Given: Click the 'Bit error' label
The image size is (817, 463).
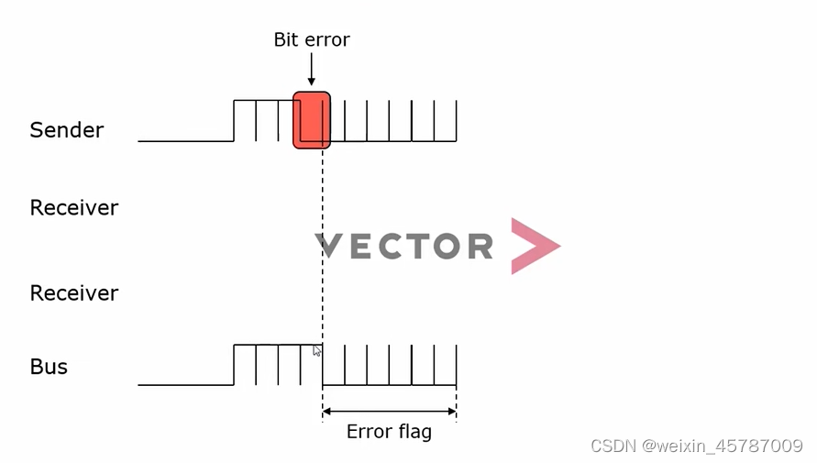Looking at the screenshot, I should tap(312, 39).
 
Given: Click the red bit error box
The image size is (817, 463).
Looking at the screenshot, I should tap(311, 119).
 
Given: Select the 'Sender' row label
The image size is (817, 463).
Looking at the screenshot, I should tap(66, 130).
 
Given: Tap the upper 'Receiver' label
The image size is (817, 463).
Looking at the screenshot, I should tap(74, 208).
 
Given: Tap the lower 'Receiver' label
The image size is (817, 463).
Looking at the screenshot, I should tap(74, 293).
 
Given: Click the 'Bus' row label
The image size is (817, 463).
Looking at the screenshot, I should tap(49, 367).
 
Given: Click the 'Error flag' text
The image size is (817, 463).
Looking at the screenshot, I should tap(389, 431).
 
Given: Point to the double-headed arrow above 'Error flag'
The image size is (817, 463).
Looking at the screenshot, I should tap(389, 411).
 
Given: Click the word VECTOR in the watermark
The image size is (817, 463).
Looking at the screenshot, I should tap(404, 246).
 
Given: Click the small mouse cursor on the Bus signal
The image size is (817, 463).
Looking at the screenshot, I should tap(317, 350).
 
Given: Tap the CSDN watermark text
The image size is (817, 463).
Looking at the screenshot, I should tap(697, 446).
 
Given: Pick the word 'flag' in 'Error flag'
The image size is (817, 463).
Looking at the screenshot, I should tap(414, 431).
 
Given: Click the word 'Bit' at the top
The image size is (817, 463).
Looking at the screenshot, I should tap(286, 39).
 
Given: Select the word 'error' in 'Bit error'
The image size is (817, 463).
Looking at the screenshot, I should tap(326, 39).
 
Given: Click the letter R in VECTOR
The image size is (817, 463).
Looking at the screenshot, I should tap(479, 246).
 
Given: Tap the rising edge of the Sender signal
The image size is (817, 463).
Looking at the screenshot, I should tap(234, 120).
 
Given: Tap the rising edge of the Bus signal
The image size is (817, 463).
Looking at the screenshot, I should tap(234, 365).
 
